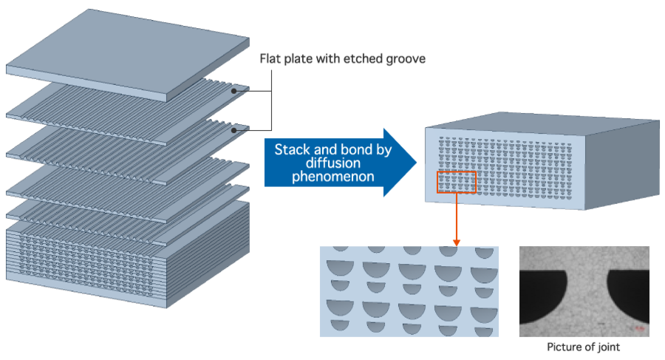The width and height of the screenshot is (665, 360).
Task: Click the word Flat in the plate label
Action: click(270, 59)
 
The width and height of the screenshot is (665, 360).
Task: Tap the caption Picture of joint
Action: click(583, 346)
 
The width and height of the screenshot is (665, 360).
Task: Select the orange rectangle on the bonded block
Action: click(457, 183)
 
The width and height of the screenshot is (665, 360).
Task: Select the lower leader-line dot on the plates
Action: click(234, 129)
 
